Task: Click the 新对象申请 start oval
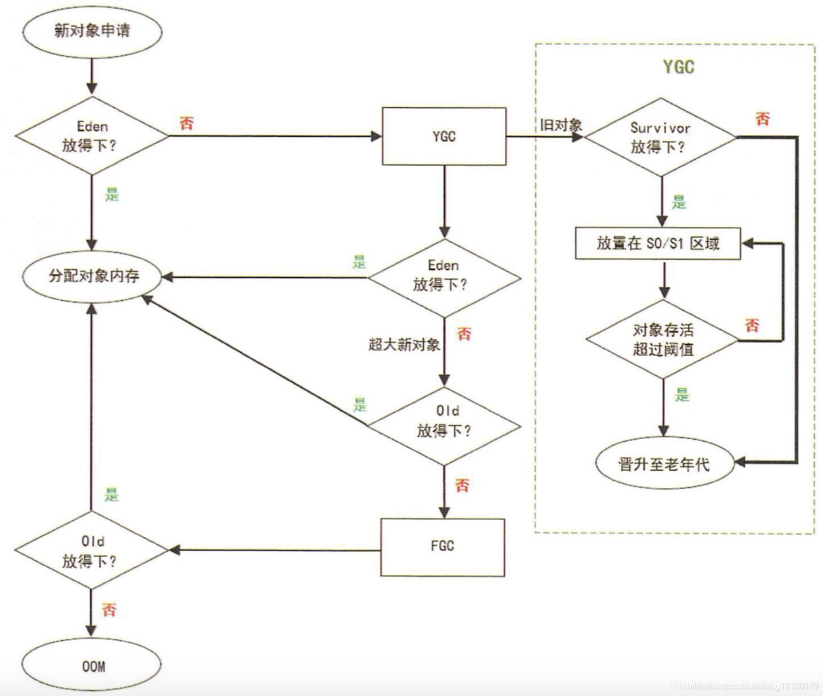(x=92, y=31)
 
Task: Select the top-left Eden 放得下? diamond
(x=92, y=136)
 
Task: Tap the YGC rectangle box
(x=444, y=136)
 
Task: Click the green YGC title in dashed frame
(x=678, y=67)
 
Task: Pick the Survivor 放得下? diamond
(x=660, y=137)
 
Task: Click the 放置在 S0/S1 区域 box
(x=658, y=244)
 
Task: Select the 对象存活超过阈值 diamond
(x=663, y=339)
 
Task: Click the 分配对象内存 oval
(x=92, y=276)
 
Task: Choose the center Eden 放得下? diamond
(x=444, y=277)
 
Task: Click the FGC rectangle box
(x=443, y=547)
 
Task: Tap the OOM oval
(x=92, y=666)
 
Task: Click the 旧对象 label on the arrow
(x=561, y=125)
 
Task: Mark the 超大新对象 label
(x=404, y=344)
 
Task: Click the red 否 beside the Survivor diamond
(x=762, y=119)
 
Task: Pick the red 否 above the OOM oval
(x=109, y=610)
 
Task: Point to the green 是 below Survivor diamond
(x=679, y=203)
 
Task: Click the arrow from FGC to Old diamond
(x=274, y=550)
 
